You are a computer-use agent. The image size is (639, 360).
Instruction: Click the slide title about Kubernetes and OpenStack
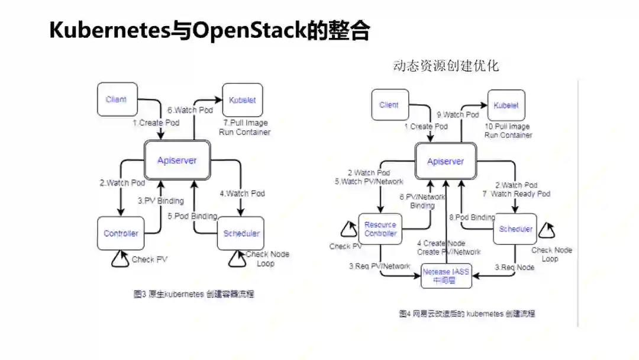click(209, 30)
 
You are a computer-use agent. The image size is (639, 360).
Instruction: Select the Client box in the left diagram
click(117, 99)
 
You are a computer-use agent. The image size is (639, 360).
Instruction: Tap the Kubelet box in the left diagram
click(242, 100)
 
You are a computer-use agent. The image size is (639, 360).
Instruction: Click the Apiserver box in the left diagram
click(177, 160)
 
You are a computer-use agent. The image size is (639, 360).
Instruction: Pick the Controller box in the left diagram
click(121, 233)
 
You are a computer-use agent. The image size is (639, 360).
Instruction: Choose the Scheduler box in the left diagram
click(241, 233)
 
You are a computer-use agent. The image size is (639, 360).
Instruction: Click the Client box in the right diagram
click(389, 105)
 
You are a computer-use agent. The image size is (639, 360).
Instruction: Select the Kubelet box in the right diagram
click(506, 105)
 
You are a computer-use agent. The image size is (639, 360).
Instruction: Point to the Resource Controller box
click(380, 229)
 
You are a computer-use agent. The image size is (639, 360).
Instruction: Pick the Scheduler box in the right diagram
click(515, 229)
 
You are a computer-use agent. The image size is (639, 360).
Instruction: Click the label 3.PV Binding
click(160, 201)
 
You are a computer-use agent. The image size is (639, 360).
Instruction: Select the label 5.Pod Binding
click(192, 216)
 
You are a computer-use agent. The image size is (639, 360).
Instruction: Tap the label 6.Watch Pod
click(190, 110)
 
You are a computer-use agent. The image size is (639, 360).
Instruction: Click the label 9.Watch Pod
click(458, 115)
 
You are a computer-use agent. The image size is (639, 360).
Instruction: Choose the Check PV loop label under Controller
click(150, 259)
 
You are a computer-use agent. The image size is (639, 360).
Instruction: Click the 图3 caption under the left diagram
click(193, 294)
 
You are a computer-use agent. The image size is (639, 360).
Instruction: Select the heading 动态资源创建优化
click(446, 66)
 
